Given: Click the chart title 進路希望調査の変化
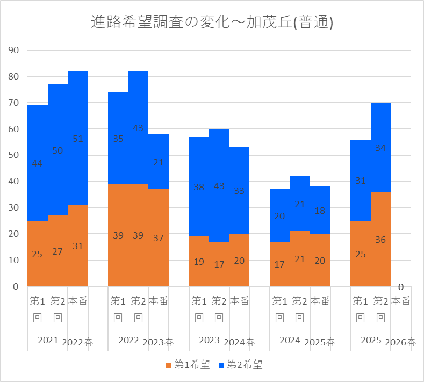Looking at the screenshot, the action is (x=160, y=22).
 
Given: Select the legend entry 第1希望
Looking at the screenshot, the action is (x=188, y=365).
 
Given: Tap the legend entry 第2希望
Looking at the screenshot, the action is (x=240, y=365).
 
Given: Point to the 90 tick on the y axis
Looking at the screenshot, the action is (x=13, y=51).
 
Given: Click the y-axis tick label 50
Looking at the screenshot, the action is (x=13, y=155).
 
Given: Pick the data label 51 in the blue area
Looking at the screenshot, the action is (x=78, y=139).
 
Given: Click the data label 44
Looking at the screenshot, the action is (x=37, y=163).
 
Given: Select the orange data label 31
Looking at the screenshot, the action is (x=78, y=246).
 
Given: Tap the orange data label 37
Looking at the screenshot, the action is (x=159, y=238).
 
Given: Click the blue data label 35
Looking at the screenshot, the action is (x=118, y=139).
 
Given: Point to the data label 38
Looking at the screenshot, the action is (x=199, y=187).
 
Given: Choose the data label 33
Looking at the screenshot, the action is (x=239, y=191).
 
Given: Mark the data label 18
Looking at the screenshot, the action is (x=320, y=211).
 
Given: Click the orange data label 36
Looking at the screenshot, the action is (x=380, y=240).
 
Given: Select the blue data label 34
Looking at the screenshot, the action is (x=380, y=148).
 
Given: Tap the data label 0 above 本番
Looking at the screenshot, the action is (x=401, y=287).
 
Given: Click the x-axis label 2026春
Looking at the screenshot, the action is (x=400, y=342).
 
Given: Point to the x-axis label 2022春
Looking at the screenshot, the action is (x=77, y=342).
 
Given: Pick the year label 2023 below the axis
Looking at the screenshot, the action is (x=209, y=340).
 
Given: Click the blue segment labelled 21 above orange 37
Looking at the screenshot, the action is (x=159, y=162).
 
